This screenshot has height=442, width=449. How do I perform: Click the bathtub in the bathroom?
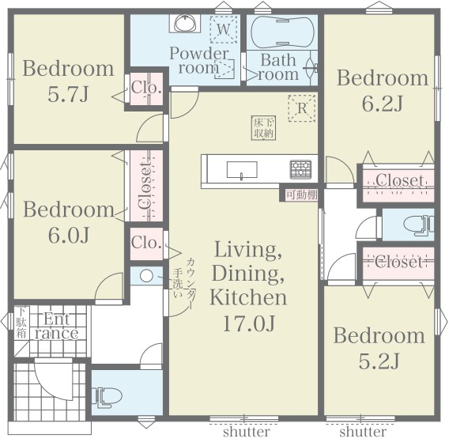coord(282,32)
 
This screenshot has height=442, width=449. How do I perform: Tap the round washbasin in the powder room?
coord(185,23)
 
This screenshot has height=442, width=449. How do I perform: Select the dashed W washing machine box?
coord(224,29)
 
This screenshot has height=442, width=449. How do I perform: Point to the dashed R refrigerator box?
coord(302,108)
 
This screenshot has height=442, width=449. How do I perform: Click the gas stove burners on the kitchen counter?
coord(300,169)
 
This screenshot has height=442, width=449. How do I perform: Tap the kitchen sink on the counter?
coord(242,170)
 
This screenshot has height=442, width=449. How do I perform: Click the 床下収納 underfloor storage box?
coord(263,128)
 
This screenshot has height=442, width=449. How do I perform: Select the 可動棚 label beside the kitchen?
coord(302,195)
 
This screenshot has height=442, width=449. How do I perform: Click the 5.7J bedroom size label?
coord(68,94)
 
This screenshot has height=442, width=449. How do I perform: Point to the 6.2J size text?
coord(383,104)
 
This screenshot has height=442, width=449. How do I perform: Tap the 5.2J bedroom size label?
coord(379,361)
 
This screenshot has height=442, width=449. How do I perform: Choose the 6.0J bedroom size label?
coord(69,235)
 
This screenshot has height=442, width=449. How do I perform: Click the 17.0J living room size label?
coord(248,323)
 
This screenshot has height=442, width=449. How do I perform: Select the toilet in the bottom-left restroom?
coord(107,397)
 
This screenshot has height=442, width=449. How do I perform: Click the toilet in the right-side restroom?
coord(419,225)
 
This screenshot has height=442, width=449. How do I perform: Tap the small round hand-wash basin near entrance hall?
coord(146,276)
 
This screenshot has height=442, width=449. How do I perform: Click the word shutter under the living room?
coord(247,432)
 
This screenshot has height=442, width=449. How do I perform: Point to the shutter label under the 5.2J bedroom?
coord(363,432)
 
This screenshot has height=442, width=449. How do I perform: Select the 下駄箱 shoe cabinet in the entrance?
coord(21,323)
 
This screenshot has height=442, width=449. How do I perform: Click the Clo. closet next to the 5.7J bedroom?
coord(146,89)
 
